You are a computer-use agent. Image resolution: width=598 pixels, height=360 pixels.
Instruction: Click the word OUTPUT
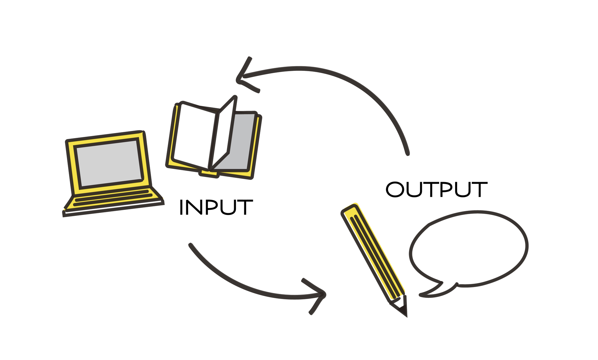tap(437, 190)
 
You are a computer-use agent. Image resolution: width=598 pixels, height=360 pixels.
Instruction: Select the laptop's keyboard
tap(114, 198)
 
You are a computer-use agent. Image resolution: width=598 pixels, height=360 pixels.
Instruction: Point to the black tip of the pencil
tap(404, 311)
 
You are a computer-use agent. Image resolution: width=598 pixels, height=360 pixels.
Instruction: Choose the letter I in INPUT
tap(181, 207)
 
